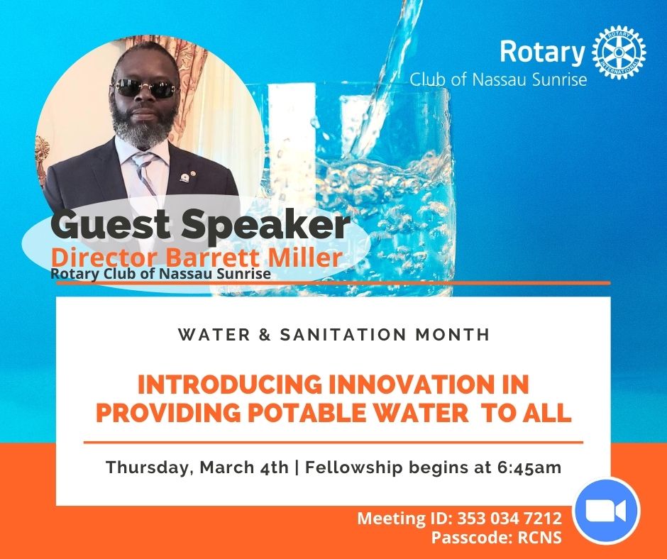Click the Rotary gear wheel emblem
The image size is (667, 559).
pyautogui.click(x=619, y=52)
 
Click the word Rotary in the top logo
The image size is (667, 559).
pyautogui.click(x=542, y=52)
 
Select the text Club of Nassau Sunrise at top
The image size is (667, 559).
pyautogui.click(x=498, y=79)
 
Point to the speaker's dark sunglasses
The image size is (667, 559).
pyautogui.click(x=145, y=88)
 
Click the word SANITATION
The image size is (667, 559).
pyautogui.click(x=343, y=334)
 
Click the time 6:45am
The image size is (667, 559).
pyautogui.click(x=529, y=467)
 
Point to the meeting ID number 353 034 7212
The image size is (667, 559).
pyautogui.click(x=509, y=518)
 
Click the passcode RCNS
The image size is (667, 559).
pyautogui.click(x=539, y=537)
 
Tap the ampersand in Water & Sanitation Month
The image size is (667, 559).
pyautogui.click(x=265, y=334)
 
